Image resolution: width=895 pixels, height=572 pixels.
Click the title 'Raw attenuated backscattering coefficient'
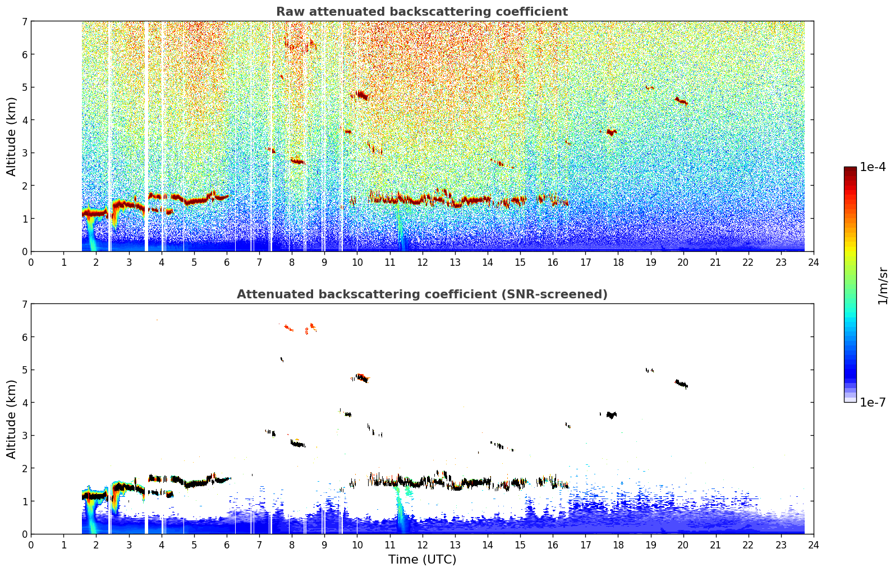[422, 12]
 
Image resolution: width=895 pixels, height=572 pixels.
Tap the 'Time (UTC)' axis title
[422, 560]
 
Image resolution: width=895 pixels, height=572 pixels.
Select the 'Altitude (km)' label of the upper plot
[11, 137]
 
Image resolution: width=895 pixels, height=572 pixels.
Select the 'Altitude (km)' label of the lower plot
[11, 419]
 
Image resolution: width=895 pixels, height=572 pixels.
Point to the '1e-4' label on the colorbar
[873, 167]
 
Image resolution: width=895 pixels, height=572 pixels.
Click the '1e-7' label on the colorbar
[873, 402]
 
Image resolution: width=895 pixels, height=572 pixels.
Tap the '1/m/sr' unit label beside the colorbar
[883, 287]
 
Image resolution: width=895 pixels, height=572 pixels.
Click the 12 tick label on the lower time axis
[423, 545]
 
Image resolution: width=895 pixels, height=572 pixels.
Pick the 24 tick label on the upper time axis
[814, 262]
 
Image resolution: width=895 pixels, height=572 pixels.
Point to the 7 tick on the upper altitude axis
[25, 21]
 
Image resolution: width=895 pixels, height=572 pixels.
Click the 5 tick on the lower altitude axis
[25, 370]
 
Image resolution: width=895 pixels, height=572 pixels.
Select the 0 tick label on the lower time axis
[31, 545]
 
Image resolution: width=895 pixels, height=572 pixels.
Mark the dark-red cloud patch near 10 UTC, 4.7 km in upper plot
[361, 95]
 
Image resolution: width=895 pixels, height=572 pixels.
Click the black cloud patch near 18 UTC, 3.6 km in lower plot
[611, 415]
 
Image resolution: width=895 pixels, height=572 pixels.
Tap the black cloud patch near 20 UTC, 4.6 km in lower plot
[681, 384]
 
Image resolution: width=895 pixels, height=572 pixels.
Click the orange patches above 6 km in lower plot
[300, 328]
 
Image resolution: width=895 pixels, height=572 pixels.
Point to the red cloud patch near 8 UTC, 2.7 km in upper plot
[297, 162]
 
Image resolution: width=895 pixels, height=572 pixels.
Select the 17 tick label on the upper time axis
[585, 262]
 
